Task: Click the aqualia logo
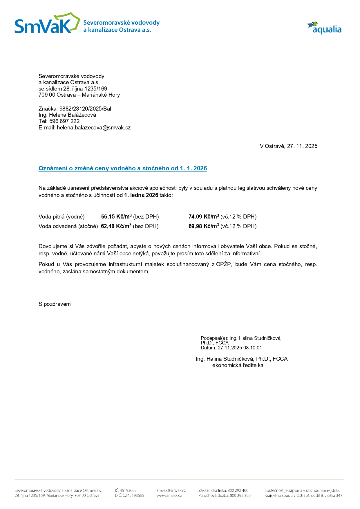(x=324, y=28)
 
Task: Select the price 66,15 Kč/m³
(x=116, y=216)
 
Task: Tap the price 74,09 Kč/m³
(x=204, y=216)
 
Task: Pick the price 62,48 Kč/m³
(x=116, y=226)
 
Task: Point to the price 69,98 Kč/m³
(x=204, y=226)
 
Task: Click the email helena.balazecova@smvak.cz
(x=94, y=127)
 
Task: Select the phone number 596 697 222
(x=64, y=121)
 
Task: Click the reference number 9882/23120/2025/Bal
(x=85, y=109)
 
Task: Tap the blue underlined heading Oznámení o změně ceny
(x=123, y=168)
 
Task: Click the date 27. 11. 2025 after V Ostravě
(x=302, y=146)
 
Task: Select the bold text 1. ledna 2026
(x=141, y=195)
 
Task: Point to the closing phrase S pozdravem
(x=55, y=304)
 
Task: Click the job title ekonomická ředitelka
(x=238, y=365)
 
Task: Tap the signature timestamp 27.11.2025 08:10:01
(x=240, y=348)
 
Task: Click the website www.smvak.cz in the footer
(x=169, y=495)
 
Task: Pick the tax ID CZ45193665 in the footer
(x=133, y=495)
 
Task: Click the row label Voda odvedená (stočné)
(x=68, y=226)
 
